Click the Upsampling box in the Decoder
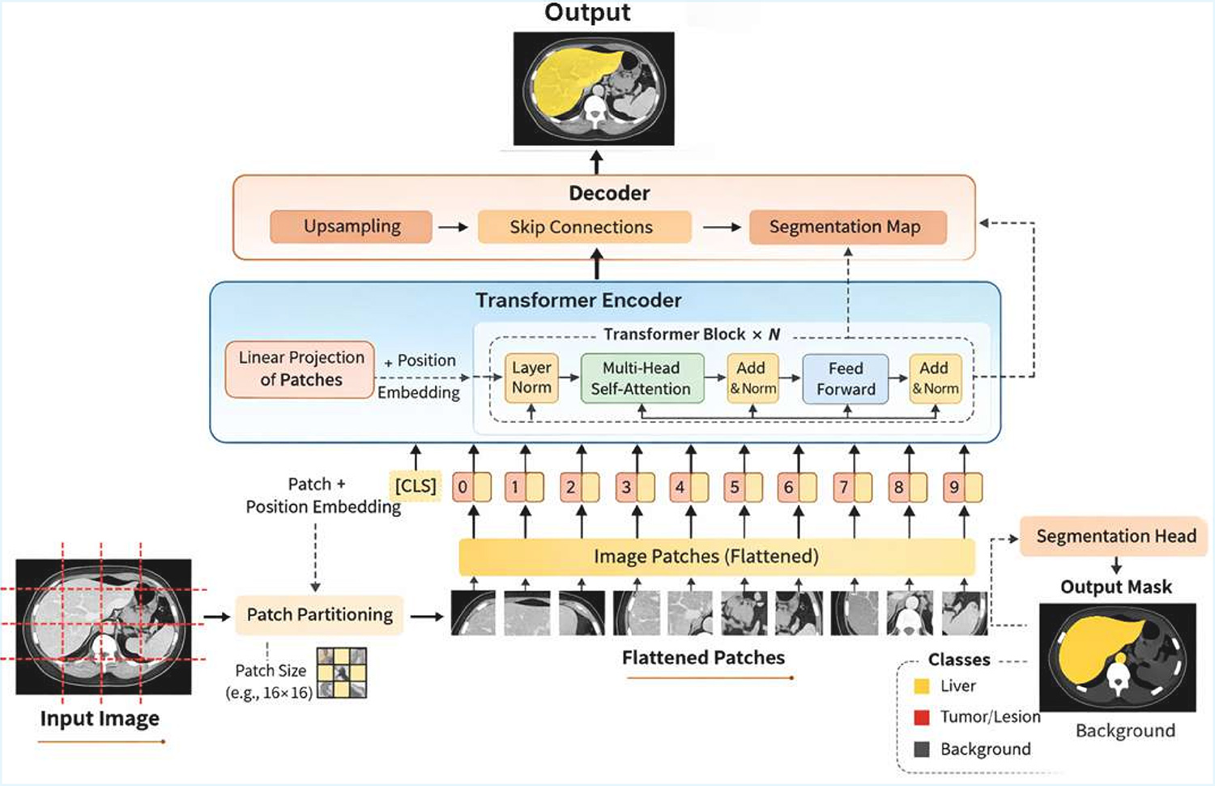[351, 227]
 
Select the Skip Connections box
[583, 227]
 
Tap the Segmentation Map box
[846, 227]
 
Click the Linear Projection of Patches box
[301, 370]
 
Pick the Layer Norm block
[531, 378]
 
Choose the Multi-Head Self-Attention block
[642, 378]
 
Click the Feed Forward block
[845, 378]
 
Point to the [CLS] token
[416, 486]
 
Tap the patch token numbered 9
[962, 487]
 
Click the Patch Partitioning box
[319, 615]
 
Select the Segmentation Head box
[1115, 536]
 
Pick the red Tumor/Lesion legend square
[922, 717]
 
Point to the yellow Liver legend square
[922, 686]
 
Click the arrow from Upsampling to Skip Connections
[454, 228]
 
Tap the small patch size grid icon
[342, 673]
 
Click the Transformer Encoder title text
[578, 301]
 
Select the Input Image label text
[100, 719]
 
